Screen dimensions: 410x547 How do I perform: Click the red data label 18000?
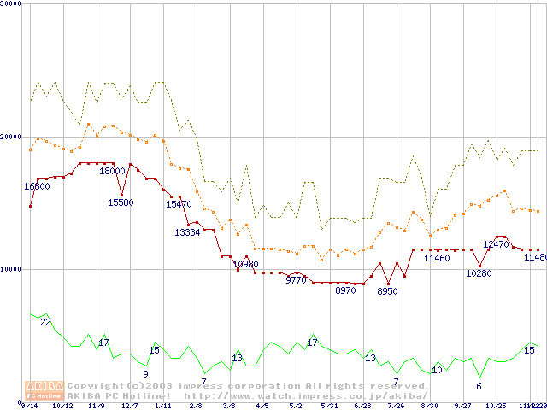(112, 171)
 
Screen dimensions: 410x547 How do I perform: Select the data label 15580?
(121, 202)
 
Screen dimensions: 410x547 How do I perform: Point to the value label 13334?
(188, 232)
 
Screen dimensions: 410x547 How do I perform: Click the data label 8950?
(387, 291)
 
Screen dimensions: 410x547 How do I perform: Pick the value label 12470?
(496, 244)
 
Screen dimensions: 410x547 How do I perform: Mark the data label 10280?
(479, 273)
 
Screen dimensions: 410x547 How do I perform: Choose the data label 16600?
(37, 186)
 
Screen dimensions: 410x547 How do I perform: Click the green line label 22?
(45, 322)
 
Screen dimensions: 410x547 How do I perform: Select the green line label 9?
(145, 374)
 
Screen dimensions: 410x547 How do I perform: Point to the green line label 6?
(479, 386)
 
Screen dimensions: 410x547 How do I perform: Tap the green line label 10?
(437, 370)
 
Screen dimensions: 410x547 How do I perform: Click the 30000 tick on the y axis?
(10, 3)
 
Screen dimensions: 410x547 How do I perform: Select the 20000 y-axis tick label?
(10, 136)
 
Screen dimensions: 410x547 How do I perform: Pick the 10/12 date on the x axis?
(62, 406)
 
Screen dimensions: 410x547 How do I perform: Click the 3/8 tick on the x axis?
(229, 406)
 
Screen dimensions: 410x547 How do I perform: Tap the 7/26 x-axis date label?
(396, 406)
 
